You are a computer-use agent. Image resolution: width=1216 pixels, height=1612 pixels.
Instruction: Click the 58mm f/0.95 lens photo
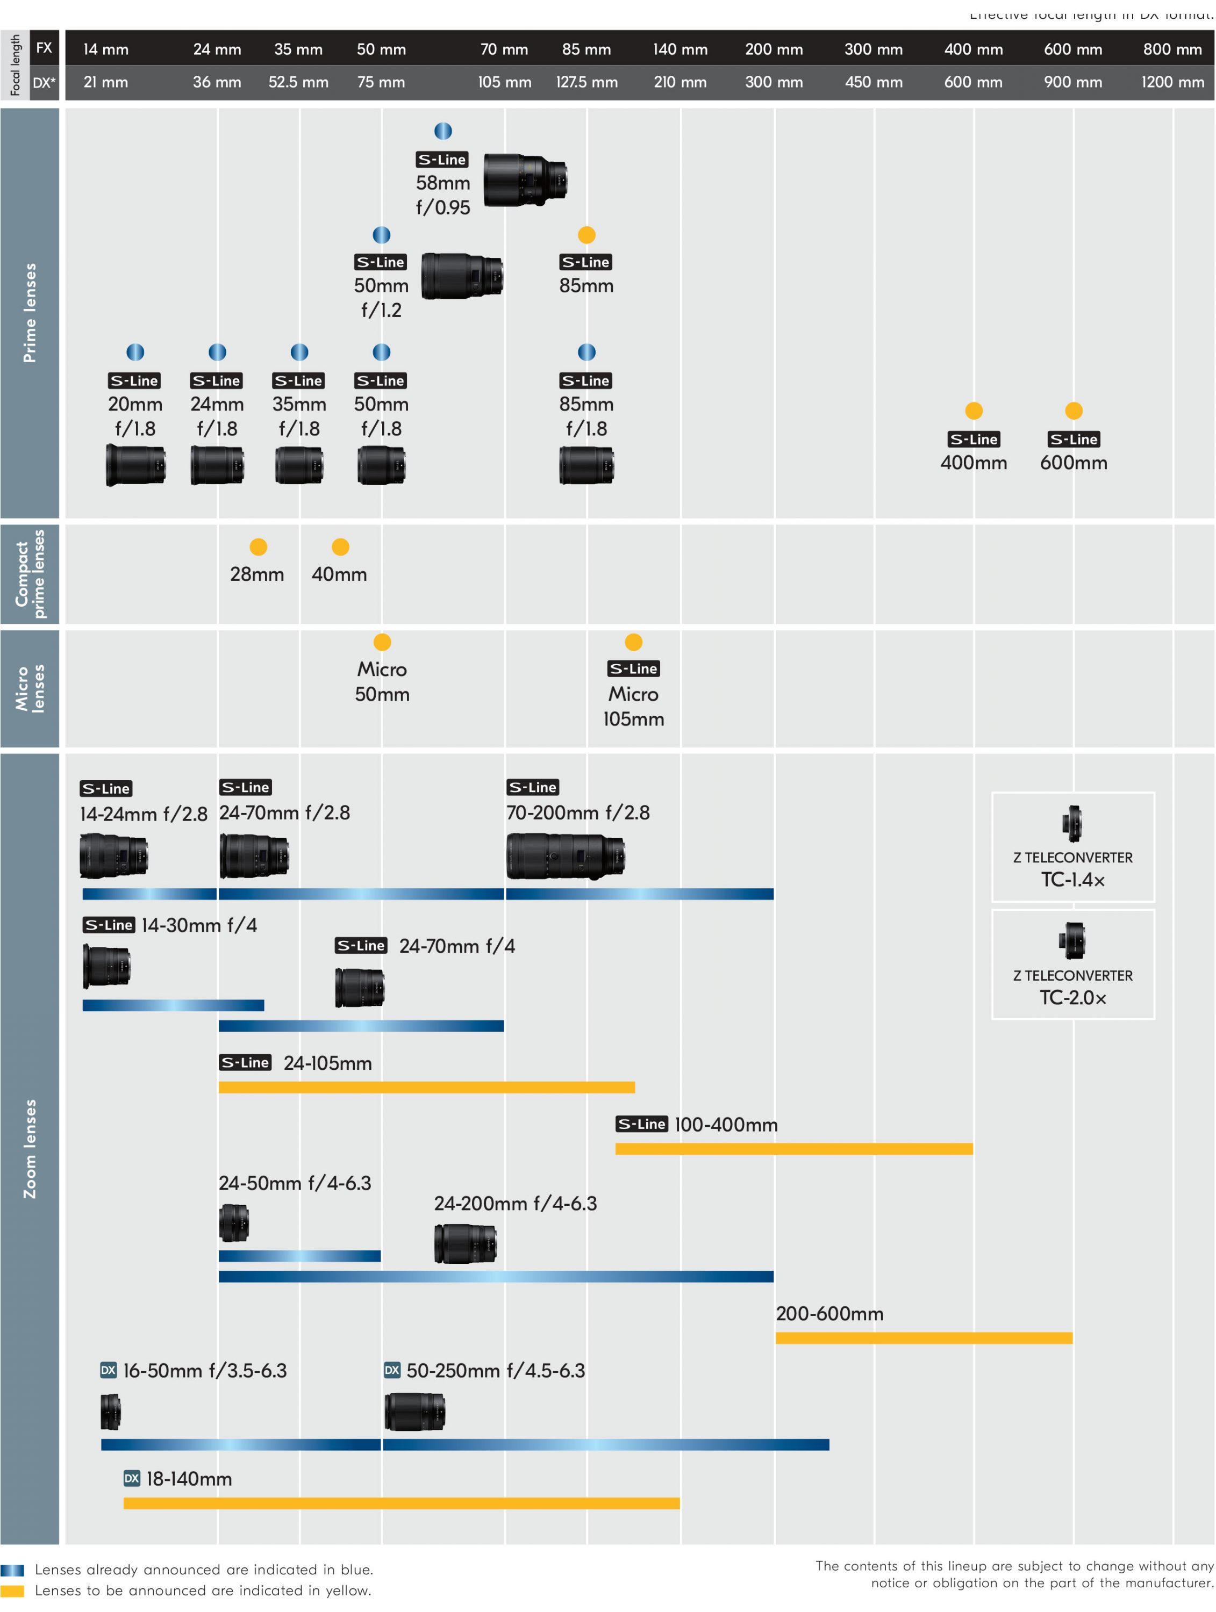(525, 179)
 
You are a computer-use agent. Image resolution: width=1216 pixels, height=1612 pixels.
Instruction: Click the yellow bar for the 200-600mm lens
(923, 1338)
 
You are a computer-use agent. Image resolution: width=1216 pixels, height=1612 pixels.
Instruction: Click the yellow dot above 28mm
(258, 548)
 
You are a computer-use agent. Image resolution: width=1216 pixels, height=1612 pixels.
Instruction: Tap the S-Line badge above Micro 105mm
(633, 669)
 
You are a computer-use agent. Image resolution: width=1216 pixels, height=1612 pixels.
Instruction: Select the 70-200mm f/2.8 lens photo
(565, 855)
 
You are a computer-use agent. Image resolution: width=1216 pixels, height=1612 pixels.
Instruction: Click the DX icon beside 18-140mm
(131, 1479)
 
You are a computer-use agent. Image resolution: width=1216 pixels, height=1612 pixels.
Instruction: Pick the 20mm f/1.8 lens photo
(135, 465)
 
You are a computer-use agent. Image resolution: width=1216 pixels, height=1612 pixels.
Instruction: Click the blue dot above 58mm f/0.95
(442, 131)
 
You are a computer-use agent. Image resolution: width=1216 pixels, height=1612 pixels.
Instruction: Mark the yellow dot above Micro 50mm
(382, 642)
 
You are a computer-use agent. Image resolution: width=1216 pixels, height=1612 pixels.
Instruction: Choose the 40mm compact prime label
(339, 574)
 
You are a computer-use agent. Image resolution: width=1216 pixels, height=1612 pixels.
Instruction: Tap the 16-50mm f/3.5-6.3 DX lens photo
(111, 1412)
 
